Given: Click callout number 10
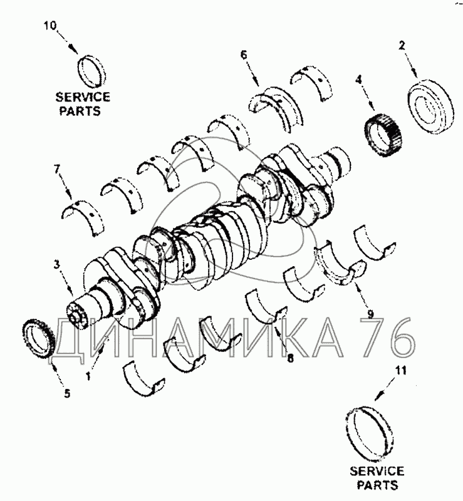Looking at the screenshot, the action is pos(50,26).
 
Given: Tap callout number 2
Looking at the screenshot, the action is pos(402,45).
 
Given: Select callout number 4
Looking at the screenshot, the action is pos(359,80).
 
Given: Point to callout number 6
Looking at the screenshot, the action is pos(244,55).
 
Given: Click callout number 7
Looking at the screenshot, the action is pos(57,169).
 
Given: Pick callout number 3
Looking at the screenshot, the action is pos(56,265).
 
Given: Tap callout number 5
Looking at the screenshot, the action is pos(66,394).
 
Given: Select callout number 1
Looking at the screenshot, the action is pos(88,376).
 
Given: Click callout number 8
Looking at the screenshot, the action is pos(290,358).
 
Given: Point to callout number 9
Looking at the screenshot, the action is pos(371,314).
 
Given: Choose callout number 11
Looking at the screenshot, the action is pos(401,371).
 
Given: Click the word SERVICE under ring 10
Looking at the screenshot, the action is pos(83,97).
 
